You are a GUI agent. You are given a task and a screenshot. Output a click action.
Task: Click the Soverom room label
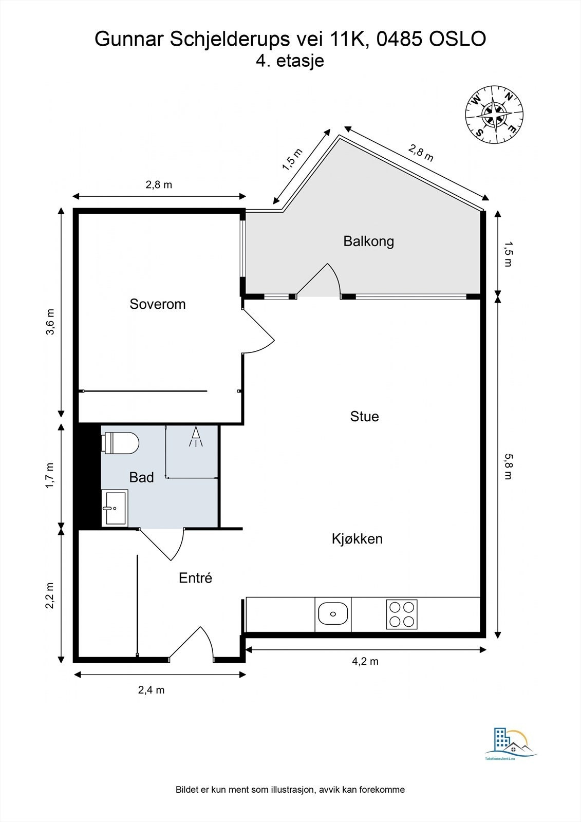[158, 304]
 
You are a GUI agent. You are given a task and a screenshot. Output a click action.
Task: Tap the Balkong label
[368, 241]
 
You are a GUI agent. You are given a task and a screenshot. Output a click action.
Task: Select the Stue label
[364, 417]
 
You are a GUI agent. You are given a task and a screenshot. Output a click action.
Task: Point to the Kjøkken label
[357, 539]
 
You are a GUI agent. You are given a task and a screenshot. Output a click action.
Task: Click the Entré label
[195, 578]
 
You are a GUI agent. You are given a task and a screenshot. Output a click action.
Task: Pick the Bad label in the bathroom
[141, 477]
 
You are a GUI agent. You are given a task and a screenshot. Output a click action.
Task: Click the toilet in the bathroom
[120, 443]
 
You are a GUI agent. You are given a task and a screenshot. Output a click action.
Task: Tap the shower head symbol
[196, 437]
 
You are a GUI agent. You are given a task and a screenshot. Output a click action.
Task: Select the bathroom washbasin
[115, 508]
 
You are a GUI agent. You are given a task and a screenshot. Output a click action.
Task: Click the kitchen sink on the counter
[333, 614]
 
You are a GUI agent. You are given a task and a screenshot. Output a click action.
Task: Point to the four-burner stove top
[402, 614]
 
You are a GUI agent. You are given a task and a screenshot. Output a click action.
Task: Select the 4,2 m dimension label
[365, 661]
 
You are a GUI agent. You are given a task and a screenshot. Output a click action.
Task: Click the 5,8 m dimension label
[508, 466]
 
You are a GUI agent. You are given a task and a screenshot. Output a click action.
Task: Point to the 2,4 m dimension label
[151, 690]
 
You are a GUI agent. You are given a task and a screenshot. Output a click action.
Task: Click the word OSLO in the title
[458, 39]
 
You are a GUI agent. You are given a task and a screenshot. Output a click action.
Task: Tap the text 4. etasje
[290, 61]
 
